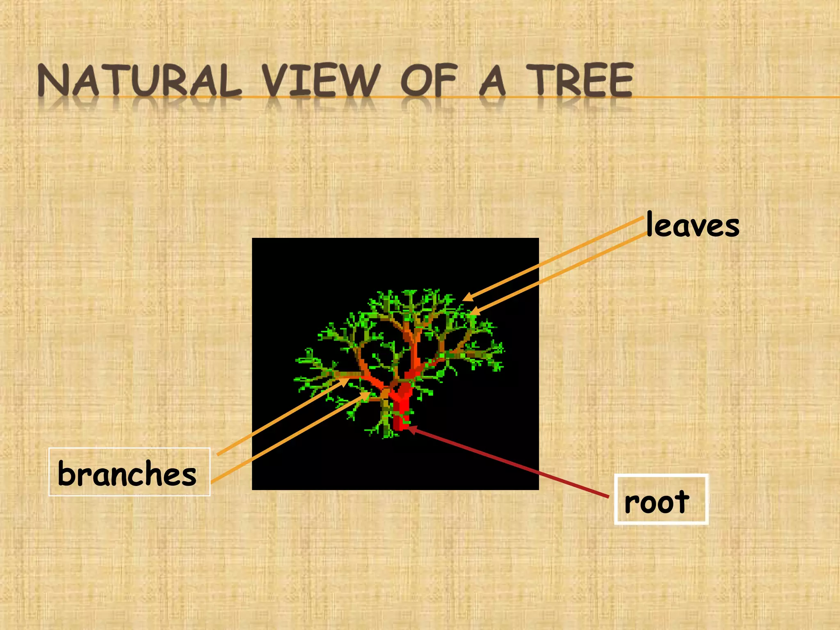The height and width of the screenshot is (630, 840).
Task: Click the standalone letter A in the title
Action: point(492,81)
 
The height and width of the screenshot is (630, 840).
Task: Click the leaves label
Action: point(692,225)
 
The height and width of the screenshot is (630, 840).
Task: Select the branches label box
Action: point(129,472)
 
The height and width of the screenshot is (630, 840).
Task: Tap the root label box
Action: point(661,500)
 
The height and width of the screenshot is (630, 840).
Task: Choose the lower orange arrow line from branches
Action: point(287,437)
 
